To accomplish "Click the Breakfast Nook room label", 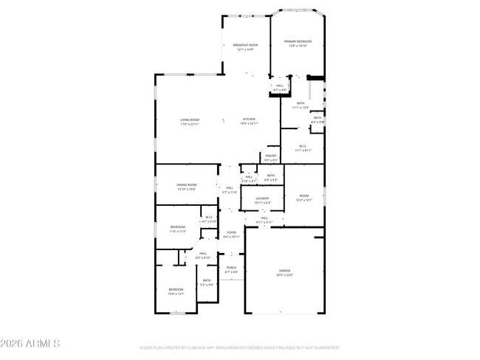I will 245,45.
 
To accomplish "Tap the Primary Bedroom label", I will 298,41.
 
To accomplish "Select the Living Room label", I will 190,120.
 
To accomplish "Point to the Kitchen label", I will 247,120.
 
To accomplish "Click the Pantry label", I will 271,156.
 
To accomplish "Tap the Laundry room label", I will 262,198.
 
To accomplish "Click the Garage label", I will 284,271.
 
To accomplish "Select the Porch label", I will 231,268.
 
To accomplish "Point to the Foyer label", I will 232,232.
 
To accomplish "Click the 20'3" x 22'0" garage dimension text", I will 284,275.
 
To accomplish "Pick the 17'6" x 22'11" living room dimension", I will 190,124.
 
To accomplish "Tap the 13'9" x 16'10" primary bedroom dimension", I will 298,46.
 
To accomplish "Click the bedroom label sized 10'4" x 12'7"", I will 175,289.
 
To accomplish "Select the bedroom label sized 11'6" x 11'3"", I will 178,227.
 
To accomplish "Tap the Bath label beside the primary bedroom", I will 301,103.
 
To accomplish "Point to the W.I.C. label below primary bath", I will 303,146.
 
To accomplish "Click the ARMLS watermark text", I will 30,344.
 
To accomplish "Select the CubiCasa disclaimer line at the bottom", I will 239,347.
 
